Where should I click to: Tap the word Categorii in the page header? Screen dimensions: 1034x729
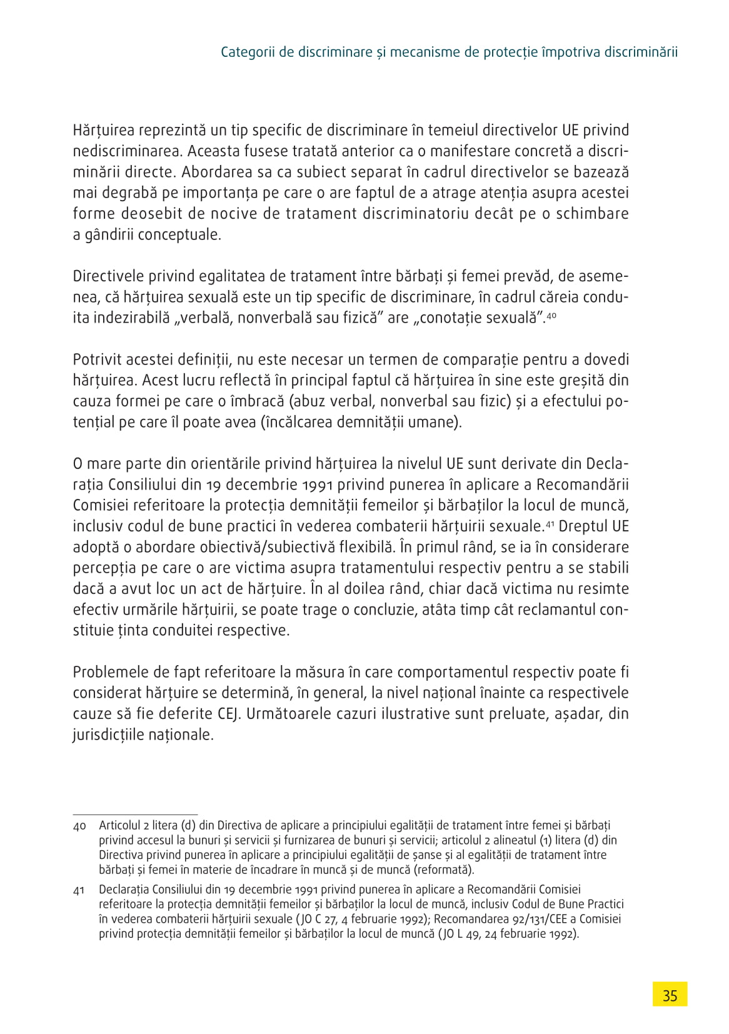point(247,52)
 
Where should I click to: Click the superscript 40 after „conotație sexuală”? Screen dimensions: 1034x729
point(551,316)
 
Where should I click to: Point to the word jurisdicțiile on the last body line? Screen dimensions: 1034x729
point(108,735)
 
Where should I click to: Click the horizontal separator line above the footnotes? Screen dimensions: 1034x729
point(135,814)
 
